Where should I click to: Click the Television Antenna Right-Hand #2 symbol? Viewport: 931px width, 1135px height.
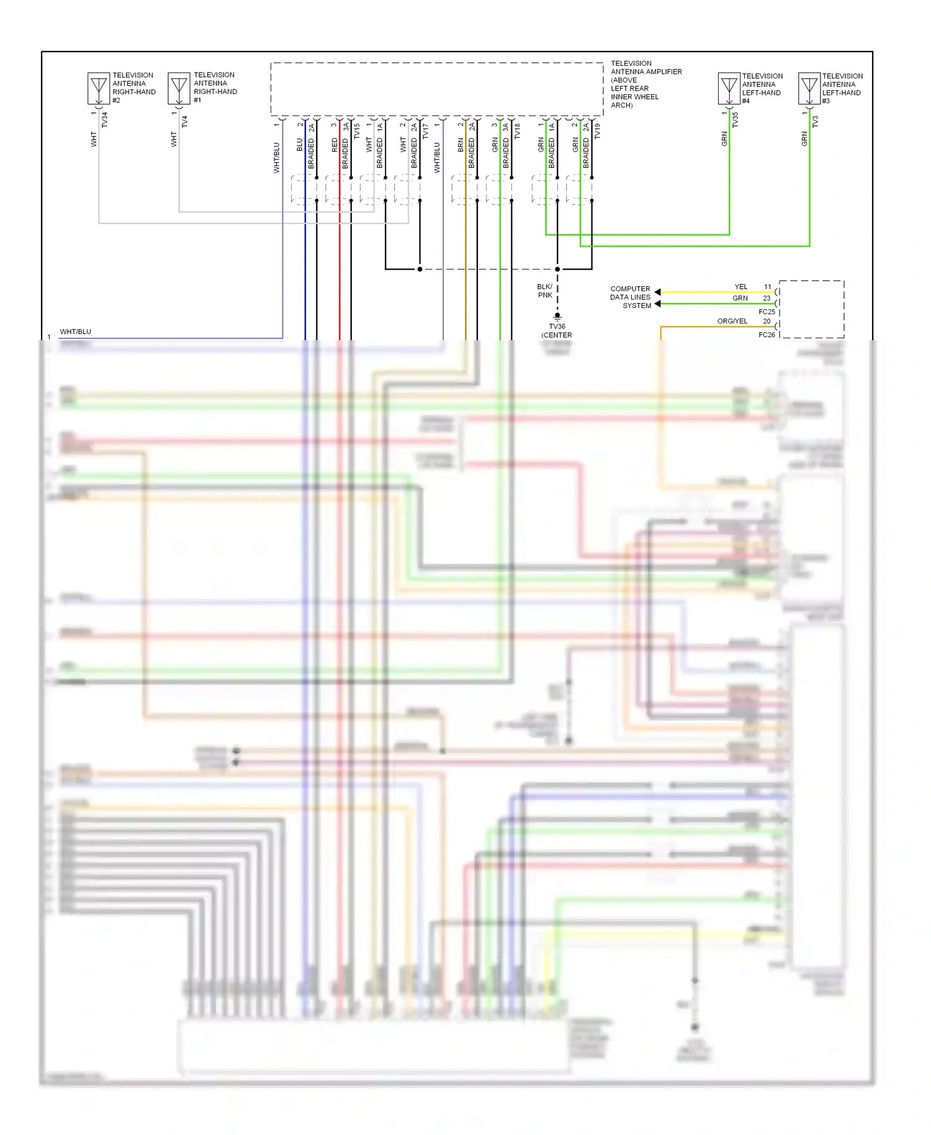[99, 88]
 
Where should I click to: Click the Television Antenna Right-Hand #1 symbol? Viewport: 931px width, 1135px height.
[179, 88]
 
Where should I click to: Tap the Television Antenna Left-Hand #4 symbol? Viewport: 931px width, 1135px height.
[729, 88]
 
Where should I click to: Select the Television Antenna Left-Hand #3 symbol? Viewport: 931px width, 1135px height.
[809, 88]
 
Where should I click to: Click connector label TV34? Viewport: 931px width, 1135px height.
[104, 120]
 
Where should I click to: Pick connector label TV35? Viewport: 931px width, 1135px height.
[735, 120]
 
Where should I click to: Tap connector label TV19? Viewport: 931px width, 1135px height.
[597, 131]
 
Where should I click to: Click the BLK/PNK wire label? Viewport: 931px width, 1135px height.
[544, 291]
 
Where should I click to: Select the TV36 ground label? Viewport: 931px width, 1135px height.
[557, 327]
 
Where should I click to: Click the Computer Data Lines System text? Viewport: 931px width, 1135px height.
[630, 297]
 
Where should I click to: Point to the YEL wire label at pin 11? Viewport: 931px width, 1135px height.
[740, 287]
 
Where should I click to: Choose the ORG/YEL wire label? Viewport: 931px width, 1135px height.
[732, 321]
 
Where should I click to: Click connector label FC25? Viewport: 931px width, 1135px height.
[767, 312]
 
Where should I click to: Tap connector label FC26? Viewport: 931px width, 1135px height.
[767, 335]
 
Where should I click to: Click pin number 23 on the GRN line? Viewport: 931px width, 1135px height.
[767, 299]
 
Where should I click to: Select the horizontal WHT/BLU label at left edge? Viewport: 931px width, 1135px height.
[75, 332]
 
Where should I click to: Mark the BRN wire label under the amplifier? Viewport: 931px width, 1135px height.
[461, 145]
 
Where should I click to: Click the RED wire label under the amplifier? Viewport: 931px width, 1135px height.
[335, 145]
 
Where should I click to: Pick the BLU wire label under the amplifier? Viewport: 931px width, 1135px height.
[300, 145]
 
